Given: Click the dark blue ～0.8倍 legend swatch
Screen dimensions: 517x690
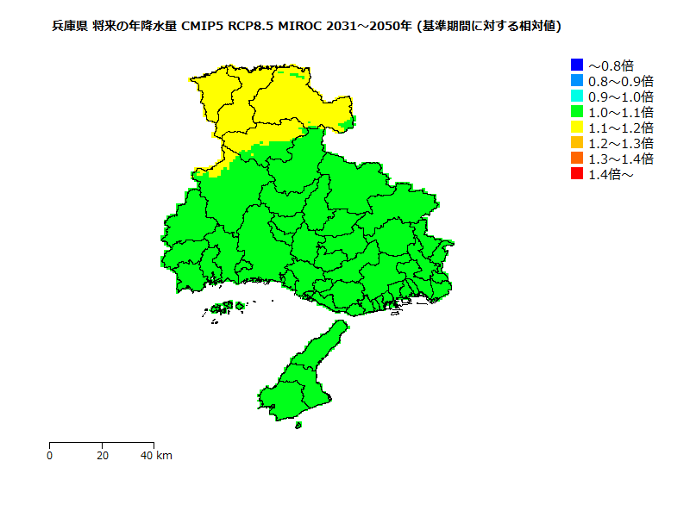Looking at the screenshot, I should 577,65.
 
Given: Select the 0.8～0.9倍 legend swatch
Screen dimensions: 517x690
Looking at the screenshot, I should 577,80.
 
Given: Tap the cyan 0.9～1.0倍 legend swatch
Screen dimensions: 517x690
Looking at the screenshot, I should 577,96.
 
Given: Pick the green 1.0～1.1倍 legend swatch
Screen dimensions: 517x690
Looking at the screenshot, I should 577,111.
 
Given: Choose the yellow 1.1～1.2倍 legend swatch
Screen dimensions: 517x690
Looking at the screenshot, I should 577,127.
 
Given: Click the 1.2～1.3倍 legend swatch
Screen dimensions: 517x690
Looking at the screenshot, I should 577,142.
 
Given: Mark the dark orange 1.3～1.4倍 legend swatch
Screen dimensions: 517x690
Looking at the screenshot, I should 577,158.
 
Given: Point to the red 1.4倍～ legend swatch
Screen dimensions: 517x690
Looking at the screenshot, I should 577,173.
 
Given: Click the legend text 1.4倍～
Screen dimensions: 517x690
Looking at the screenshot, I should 611,174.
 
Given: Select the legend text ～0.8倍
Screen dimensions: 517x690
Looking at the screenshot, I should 611,65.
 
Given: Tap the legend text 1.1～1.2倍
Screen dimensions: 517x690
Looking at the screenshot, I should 620,128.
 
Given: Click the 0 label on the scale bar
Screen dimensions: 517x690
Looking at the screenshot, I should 50,455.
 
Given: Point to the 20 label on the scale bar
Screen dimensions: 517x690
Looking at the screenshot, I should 103,455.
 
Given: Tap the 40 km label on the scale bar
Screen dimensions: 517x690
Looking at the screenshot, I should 156,455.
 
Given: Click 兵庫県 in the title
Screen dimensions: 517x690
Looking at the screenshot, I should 69,27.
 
